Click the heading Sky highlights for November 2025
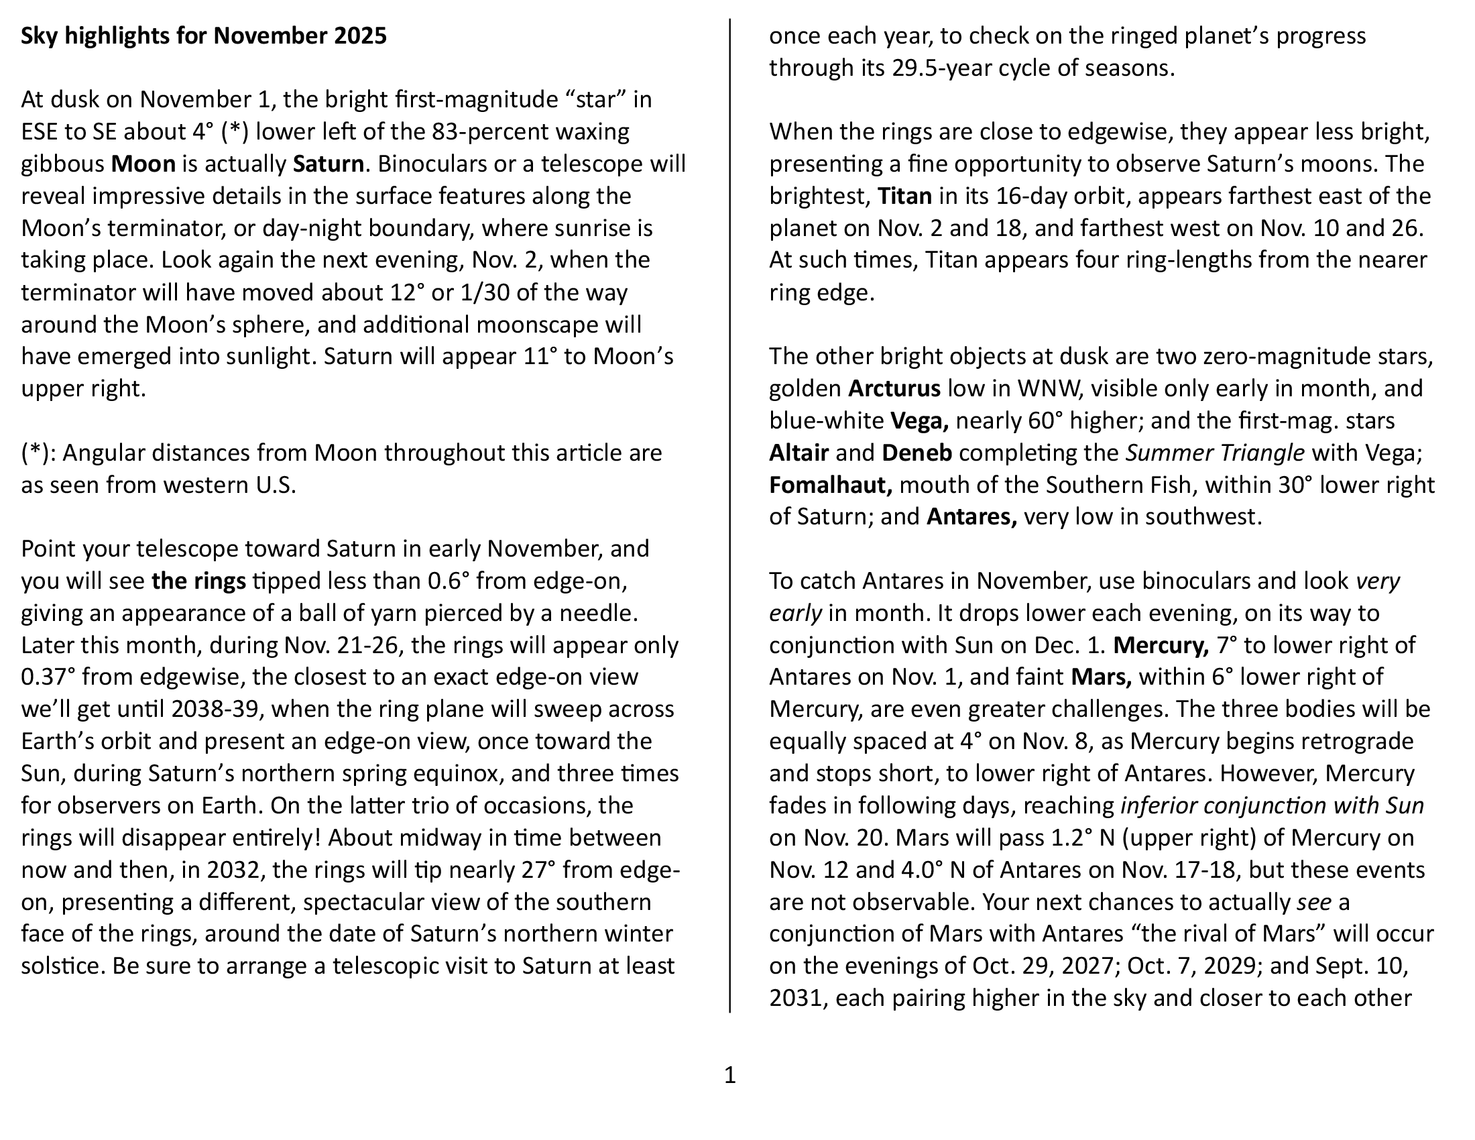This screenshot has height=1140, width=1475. point(203,36)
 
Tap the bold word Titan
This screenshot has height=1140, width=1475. point(904,196)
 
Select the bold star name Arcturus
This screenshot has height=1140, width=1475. point(894,388)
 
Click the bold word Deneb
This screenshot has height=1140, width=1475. point(917,453)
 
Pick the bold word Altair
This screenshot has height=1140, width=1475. point(799,453)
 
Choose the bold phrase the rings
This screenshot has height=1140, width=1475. point(198,581)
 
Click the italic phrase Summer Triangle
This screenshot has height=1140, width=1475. point(1214,453)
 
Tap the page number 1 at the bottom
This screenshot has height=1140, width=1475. point(729,1074)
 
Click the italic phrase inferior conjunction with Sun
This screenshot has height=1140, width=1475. point(1272,805)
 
